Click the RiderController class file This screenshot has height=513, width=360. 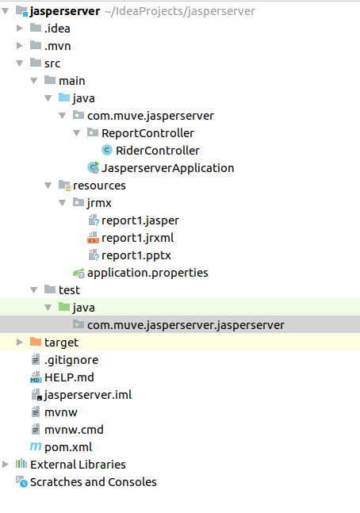[x=157, y=151]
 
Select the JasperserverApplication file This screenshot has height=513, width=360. [x=167, y=168]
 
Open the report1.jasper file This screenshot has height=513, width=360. [x=140, y=220]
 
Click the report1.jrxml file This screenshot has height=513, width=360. [x=138, y=238]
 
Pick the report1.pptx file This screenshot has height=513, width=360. [x=136, y=255]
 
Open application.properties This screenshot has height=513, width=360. [x=147, y=273]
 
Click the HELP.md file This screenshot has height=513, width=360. [x=69, y=377]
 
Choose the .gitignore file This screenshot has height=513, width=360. [x=71, y=360]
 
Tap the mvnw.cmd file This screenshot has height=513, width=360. [x=74, y=430]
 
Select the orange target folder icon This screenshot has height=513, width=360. [x=35, y=343]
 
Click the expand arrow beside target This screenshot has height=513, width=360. [x=20, y=343]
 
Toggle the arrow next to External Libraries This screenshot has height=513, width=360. [x=6, y=465]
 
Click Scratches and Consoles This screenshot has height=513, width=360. [x=93, y=482]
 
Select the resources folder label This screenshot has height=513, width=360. [x=99, y=186]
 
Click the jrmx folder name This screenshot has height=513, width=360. [x=100, y=203]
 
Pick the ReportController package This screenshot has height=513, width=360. [x=147, y=133]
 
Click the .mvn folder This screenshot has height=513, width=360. [x=57, y=46]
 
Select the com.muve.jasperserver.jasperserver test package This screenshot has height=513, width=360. [x=186, y=325]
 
